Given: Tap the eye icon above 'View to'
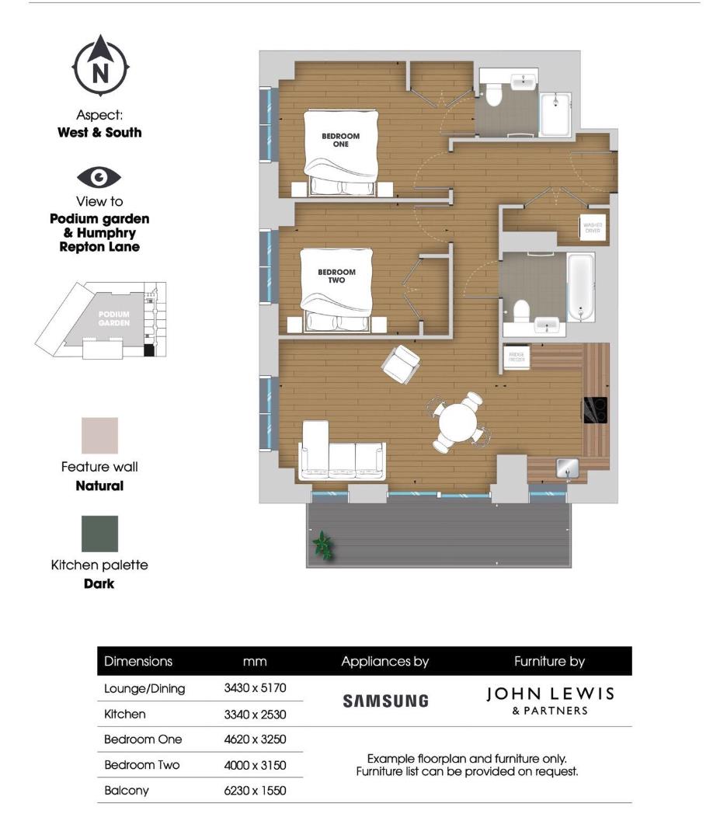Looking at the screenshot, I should point(99,178).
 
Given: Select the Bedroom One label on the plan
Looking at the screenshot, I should point(340,140).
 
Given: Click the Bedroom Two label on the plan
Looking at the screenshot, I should point(336,276).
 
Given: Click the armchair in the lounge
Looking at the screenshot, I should point(401,363).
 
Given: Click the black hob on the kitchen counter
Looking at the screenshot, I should point(595,410).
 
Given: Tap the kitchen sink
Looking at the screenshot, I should point(565,467).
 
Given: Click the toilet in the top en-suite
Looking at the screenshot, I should point(492,95).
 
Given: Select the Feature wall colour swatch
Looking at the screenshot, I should point(100,436).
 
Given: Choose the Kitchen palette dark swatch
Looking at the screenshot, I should point(100,534).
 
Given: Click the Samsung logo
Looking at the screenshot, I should point(385,701).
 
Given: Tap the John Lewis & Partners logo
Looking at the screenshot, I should point(549,700).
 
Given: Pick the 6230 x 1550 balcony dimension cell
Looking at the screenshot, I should point(255,791).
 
